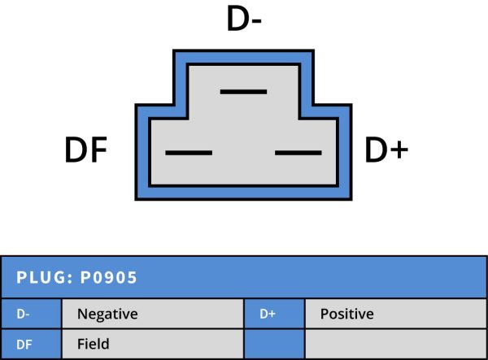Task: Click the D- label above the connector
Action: coord(244,20)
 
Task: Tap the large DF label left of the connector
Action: coord(86,151)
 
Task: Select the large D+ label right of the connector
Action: coord(386,151)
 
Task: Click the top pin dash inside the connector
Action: coord(243,91)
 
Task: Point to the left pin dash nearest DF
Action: coord(188,153)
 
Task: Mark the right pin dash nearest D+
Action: coord(298,153)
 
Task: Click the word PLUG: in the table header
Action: coord(44,278)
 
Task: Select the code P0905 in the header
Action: coord(108,278)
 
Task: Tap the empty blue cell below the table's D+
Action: coord(274,345)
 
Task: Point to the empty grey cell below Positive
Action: coord(395,345)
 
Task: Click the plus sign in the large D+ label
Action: coord(397,152)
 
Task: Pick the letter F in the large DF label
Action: coord(98,151)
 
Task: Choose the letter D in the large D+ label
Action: coord(374,151)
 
